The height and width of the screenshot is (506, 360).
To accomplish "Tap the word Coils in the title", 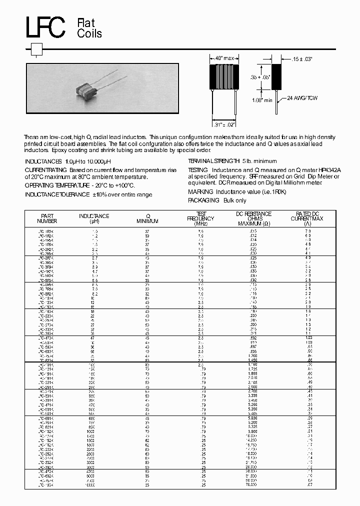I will [89, 33].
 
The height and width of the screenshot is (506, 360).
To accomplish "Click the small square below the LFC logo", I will [37, 49].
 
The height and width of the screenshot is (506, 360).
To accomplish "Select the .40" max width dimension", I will [221, 59].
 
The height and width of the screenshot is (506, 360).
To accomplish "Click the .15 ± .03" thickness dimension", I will [301, 59].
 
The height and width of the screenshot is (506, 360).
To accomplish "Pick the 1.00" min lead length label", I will [261, 100].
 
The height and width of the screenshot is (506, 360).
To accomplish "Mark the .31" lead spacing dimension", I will [223, 124].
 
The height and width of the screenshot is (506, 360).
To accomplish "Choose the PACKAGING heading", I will [203, 200].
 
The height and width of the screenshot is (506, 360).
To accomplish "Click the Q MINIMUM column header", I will [148, 218].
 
